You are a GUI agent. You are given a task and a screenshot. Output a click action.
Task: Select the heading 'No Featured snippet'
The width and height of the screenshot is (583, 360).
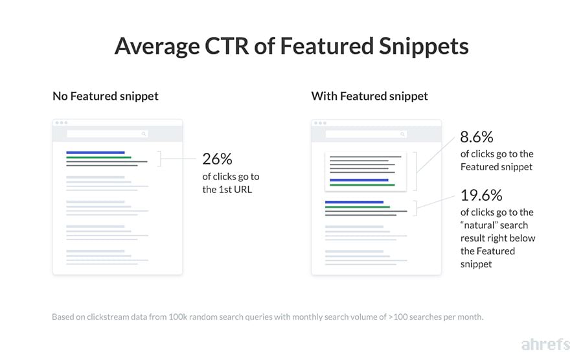(106, 96)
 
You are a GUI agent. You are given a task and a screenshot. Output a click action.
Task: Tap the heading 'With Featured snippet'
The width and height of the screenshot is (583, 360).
(369, 96)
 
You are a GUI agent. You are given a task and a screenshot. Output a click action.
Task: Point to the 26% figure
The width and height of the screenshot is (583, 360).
(217, 159)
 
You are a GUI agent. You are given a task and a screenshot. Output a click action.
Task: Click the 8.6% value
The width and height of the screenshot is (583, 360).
(477, 137)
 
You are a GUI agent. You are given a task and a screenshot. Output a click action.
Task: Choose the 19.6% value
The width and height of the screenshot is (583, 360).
(481, 195)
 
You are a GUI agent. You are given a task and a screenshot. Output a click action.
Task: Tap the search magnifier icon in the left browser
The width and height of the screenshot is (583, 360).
(144, 134)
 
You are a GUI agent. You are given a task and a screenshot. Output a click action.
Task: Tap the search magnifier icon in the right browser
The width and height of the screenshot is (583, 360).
(402, 134)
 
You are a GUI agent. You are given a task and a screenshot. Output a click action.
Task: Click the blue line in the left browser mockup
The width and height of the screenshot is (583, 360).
(95, 153)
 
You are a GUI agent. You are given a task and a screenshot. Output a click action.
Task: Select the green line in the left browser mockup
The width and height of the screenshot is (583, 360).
(98, 157)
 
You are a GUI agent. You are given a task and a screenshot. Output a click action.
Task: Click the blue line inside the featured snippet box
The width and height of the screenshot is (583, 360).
(359, 180)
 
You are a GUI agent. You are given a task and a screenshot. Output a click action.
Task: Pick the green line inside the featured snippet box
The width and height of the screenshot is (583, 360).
(362, 185)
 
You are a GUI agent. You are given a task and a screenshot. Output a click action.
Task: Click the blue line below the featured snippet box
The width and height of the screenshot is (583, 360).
(354, 203)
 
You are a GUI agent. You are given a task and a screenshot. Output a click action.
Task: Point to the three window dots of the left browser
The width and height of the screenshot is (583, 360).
(61, 123)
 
